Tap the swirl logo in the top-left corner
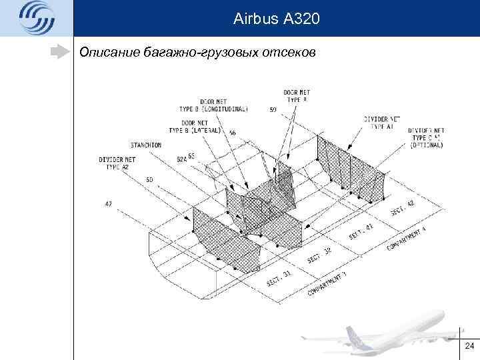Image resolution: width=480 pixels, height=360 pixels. (36, 18)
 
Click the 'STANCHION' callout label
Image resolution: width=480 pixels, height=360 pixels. (146, 144)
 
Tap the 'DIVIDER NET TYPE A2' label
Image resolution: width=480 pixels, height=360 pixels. (117, 163)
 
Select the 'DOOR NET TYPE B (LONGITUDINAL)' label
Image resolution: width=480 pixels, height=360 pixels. (213, 105)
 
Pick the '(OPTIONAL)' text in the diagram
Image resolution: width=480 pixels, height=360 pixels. (426, 145)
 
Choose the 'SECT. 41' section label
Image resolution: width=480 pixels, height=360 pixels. (361, 232)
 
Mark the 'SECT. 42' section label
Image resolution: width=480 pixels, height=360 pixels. (402, 208)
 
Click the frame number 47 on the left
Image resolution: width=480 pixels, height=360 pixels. (108, 203)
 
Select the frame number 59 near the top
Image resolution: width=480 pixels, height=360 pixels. (273, 110)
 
